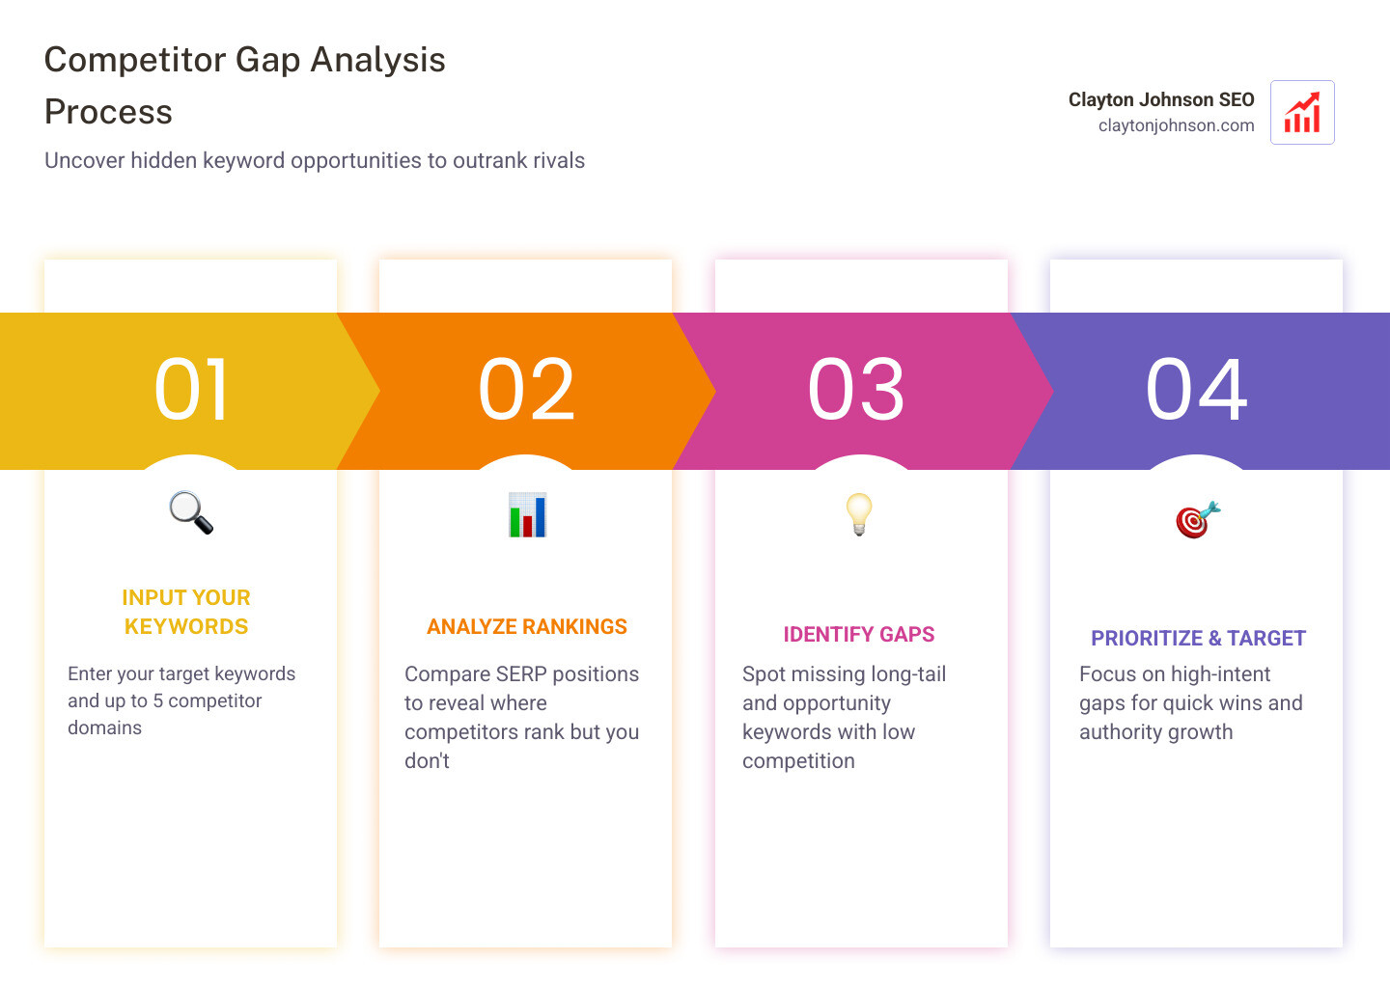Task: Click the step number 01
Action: click(x=191, y=390)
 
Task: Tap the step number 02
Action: click(x=526, y=390)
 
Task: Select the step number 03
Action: click(x=856, y=390)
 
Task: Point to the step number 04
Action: click(x=1196, y=390)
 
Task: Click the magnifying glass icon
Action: click(x=191, y=512)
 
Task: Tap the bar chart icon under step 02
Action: click(x=527, y=515)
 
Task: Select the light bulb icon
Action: click(x=858, y=513)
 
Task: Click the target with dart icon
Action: click(x=1197, y=520)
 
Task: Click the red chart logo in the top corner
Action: click(x=1302, y=113)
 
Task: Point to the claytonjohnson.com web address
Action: click(x=1176, y=125)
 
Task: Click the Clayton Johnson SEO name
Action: click(x=1160, y=99)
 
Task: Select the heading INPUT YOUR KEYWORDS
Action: click(x=186, y=612)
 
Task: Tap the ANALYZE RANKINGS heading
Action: click(x=527, y=627)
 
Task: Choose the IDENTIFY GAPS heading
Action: click(x=858, y=635)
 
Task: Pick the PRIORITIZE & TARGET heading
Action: click(x=1198, y=639)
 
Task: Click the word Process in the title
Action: click(x=108, y=112)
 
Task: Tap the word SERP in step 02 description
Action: click(x=521, y=674)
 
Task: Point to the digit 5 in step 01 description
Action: click(x=158, y=701)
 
